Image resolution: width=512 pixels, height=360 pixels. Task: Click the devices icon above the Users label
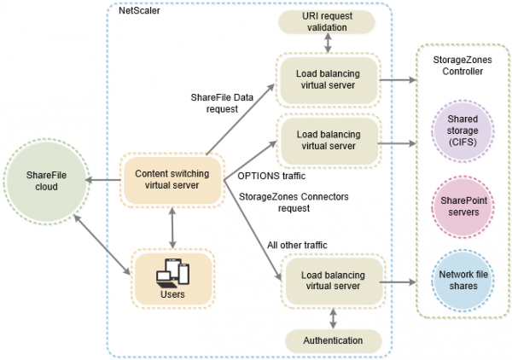(x=173, y=271)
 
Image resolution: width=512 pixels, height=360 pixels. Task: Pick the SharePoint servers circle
(x=462, y=210)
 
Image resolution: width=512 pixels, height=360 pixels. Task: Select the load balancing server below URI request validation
(x=327, y=79)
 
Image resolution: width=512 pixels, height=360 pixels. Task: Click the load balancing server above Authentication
(x=327, y=282)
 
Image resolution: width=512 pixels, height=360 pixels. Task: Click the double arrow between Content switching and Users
(x=173, y=227)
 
